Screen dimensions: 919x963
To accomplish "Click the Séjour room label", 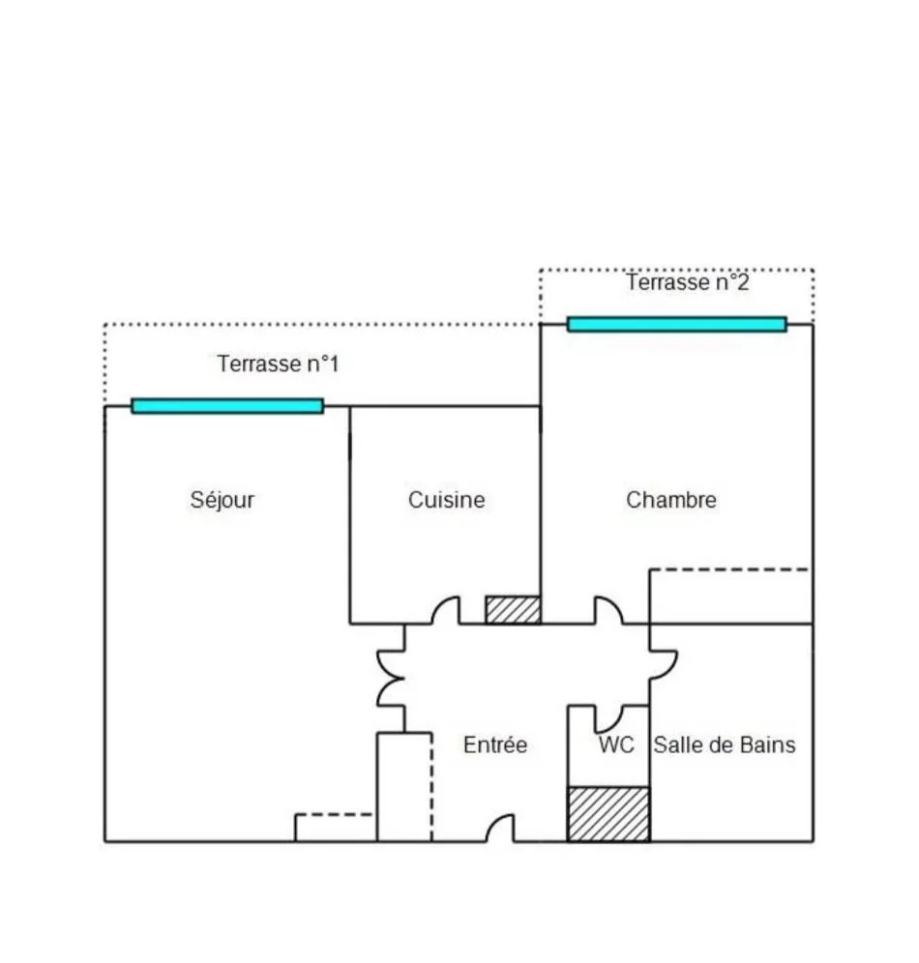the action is click(x=222, y=500).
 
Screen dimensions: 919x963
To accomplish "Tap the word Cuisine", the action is click(x=447, y=500).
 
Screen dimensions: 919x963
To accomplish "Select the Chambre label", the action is click(x=670, y=500).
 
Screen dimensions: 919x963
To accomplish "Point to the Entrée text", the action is click(x=495, y=744).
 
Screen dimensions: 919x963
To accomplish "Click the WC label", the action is click(x=616, y=745).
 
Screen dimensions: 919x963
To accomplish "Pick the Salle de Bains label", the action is click(x=725, y=745).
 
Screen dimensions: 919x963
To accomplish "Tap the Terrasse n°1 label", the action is click(x=278, y=364).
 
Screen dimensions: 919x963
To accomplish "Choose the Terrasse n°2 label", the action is click(x=688, y=282).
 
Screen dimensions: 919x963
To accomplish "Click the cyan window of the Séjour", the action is click(x=227, y=406).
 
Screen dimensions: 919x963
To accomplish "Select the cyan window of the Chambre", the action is click(x=677, y=324).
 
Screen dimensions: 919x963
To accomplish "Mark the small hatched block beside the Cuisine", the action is click(x=513, y=610).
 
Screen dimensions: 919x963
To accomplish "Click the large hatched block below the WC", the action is click(x=608, y=814).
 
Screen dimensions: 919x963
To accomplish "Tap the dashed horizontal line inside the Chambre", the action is click(x=729, y=569).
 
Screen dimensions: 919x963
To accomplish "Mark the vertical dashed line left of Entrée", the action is click(x=431, y=787).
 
